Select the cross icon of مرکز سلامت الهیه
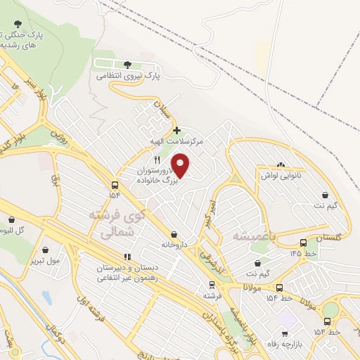coord(176,130)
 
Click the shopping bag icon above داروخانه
coord(174,235)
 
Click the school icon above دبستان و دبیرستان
coord(127,257)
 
